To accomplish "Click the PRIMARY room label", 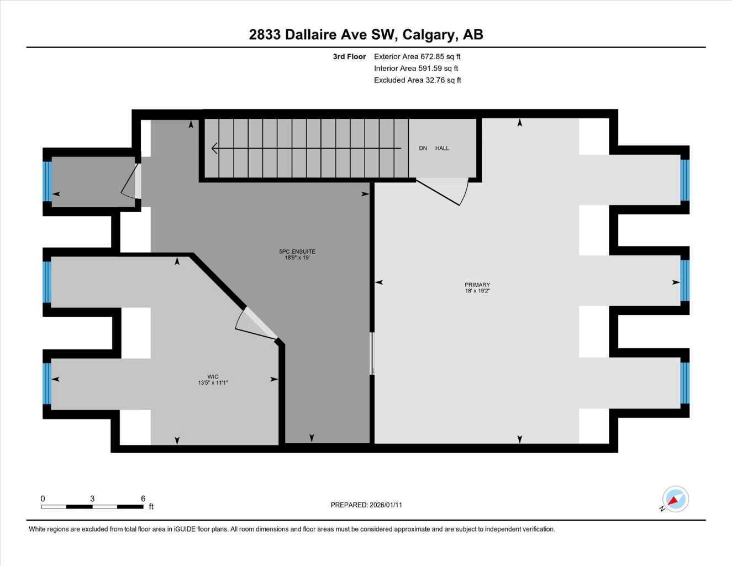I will pyautogui.click(x=477, y=285).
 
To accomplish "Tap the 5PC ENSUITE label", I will pyautogui.click(x=297, y=251).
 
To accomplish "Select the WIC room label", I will pyautogui.click(x=213, y=377).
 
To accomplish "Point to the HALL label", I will pyautogui.click(x=442, y=148).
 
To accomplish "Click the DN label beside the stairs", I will pyautogui.click(x=423, y=148).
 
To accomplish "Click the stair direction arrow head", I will pyautogui.click(x=214, y=148).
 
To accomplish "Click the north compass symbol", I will pyautogui.click(x=675, y=500).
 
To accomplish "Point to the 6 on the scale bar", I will pyautogui.click(x=143, y=499).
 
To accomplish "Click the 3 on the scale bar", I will pyautogui.click(x=92, y=499).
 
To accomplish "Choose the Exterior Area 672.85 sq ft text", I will pyautogui.click(x=417, y=56).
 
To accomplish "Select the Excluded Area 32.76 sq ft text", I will pyautogui.click(x=417, y=80).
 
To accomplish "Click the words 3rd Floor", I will pyautogui.click(x=349, y=56).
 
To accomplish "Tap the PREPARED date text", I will pyautogui.click(x=366, y=505).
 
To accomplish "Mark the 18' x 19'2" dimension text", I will pyautogui.click(x=477, y=291).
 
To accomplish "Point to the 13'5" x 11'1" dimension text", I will pyautogui.click(x=213, y=382).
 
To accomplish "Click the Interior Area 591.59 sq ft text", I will pyautogui.click(x=416, y=69).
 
